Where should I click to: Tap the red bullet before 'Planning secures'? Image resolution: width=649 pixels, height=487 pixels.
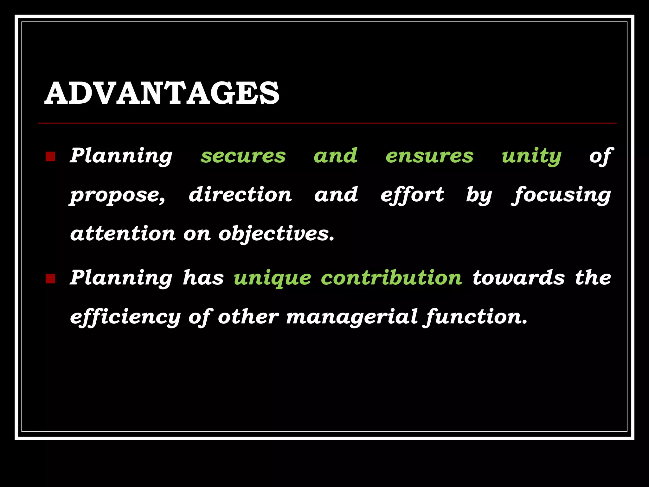(x=50, y=157)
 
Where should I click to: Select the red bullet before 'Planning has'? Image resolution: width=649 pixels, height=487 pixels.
(x=50, y=279)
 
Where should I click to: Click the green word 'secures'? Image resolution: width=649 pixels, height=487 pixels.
(x=243, y=156)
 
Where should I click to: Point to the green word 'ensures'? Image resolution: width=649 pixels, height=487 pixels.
(x=429, y=156)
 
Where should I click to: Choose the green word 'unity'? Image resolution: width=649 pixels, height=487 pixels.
(x=531, y=156)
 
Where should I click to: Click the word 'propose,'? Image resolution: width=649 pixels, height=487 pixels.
(x=118, y=195)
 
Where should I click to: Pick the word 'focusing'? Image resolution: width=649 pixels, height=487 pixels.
(x=561, y=195)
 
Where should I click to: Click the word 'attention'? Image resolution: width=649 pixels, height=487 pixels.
(x=123, y=234)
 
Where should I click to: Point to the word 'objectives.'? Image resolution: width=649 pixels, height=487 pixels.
(x=276, y=234)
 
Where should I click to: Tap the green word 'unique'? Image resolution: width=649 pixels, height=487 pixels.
(x=272, y=278)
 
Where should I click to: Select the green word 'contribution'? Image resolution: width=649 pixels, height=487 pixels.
(x=391, y=278)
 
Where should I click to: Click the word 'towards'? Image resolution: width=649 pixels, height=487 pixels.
(x=518, y=278)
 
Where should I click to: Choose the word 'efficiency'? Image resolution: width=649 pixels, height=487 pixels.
(x=125, y=317)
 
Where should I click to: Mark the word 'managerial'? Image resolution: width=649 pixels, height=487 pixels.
(x=352, y=317)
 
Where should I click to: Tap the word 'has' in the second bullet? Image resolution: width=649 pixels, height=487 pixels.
(x=203, y=278)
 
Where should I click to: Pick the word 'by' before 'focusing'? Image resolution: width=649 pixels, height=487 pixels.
(x=479, y=195)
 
